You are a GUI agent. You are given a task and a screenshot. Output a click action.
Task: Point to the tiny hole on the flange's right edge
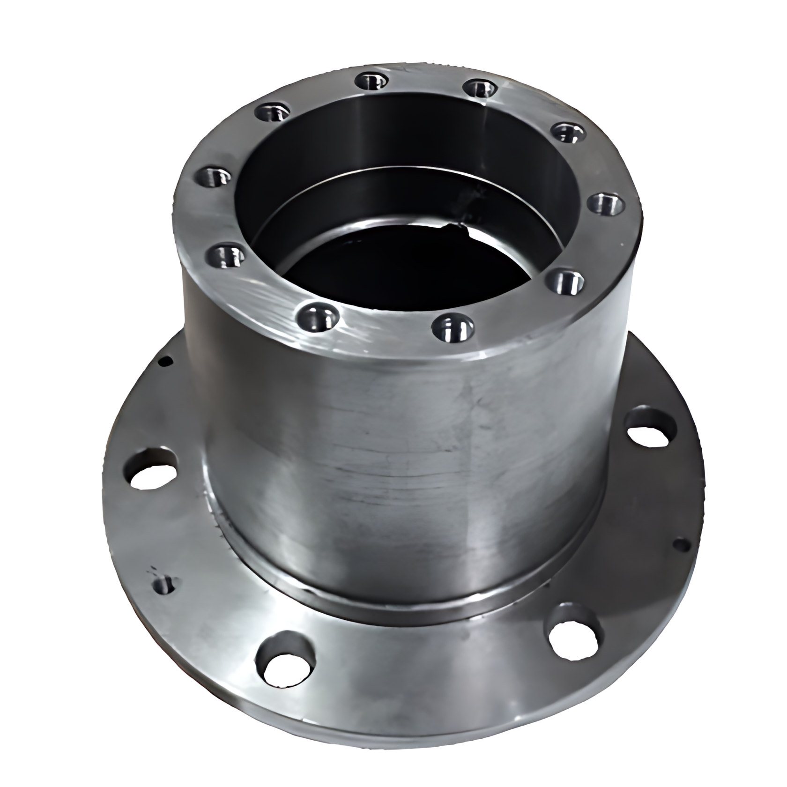tap(681, 545)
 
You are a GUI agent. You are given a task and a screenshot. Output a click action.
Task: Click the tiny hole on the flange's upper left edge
tap(165, 361)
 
